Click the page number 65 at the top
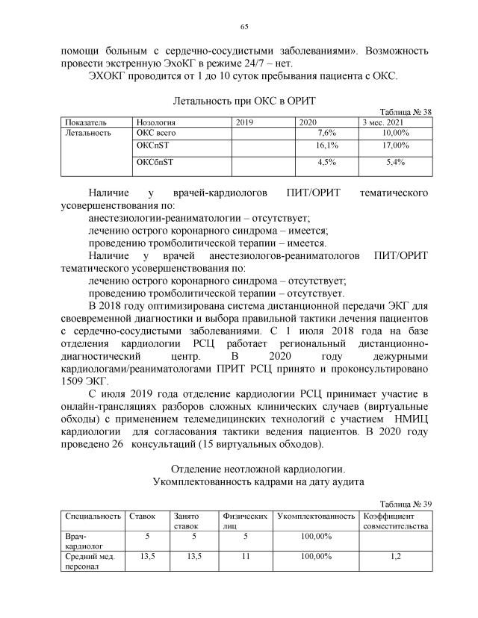coord(243,28)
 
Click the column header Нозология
coord(155,121)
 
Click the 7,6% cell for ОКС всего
coord(326,132)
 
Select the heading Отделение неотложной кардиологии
coord(243,469)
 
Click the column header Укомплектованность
coord(316,516)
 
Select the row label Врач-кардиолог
coord(78,541)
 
